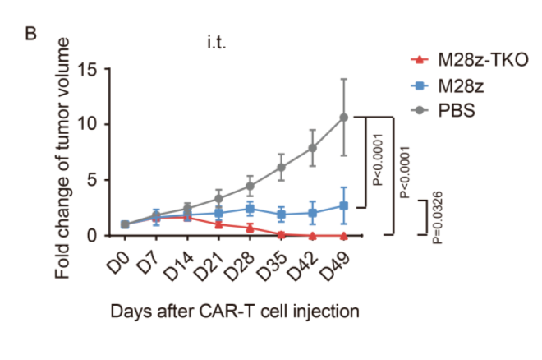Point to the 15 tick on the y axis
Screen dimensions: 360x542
click(x=89, y=70)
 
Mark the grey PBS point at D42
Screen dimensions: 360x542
click(x=313, y=148)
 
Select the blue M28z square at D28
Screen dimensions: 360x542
click(x=250, y=209)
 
